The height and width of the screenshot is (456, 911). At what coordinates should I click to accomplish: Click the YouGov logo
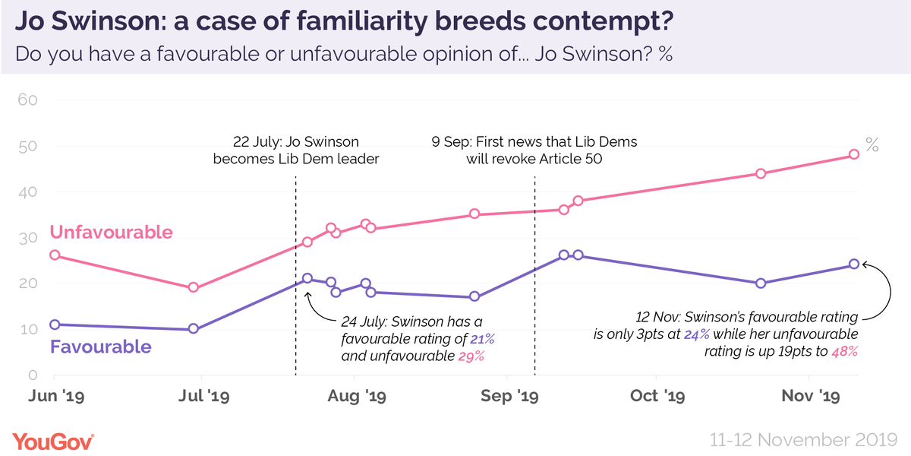[x=53, y=441]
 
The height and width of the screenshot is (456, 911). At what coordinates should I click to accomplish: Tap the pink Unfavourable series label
[x=112, y=232]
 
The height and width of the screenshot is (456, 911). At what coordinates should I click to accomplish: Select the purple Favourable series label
[x=100, y=347]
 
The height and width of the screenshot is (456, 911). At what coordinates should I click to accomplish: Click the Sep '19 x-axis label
[x=519, y=396]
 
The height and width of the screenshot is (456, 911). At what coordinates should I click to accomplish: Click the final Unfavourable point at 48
[x=853, y=154]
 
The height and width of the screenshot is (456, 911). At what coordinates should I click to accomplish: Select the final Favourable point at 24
[x=853, y=264]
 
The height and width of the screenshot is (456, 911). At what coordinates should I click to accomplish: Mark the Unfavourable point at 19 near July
[x=194, y=287]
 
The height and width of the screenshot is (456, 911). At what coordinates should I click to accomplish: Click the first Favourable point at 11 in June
[x=54, y=325]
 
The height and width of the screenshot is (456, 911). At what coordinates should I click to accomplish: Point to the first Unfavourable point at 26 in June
[x=54, y=255]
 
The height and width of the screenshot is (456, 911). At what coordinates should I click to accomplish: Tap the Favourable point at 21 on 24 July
[x=307, y=278]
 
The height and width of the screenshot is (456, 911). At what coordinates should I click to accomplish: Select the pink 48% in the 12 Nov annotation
[x=844, y=350]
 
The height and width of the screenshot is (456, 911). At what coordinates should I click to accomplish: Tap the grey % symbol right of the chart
[x=873, y=146]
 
